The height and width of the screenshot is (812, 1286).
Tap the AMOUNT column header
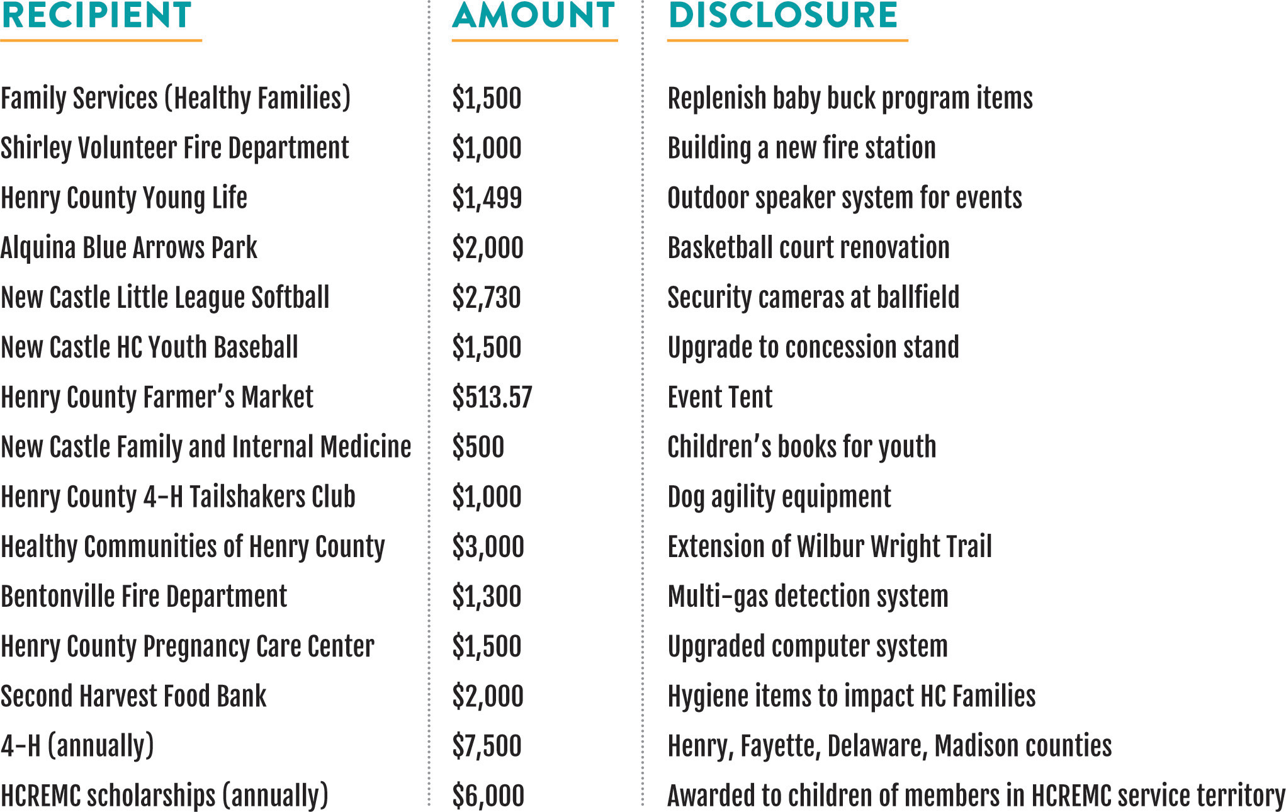click(x=533, y=16)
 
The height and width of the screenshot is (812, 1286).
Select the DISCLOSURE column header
click(x=783, y=16)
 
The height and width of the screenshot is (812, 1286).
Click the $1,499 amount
click(x=487, y=198)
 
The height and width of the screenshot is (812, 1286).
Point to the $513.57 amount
click(x=492, y=397)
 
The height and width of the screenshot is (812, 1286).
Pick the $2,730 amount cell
click(x=487, y=297)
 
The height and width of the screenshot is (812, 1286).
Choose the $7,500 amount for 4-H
click(x=487, y=746)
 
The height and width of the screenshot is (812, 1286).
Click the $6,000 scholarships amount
click(x=488, y=796)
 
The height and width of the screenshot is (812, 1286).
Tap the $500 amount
click(x=478, y=447)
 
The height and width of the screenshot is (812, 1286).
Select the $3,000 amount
click(x=488, y=546)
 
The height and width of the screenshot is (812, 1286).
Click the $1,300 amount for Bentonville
click(x=487, y=596)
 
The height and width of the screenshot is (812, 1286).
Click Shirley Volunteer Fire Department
click(x=175, y=149)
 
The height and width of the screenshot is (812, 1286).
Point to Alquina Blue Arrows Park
click(x=129, y=248)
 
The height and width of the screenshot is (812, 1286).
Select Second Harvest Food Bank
click(x=133, y=696)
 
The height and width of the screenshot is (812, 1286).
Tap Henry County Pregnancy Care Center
click(x=188, y=646)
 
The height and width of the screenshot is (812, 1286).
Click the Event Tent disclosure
click(x=720, y=397)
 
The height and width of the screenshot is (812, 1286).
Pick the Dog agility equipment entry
click(x=779, y=497)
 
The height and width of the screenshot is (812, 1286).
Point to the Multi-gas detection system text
click(x=808, y=596)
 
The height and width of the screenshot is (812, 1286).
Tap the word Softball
click(x=290, y=297)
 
